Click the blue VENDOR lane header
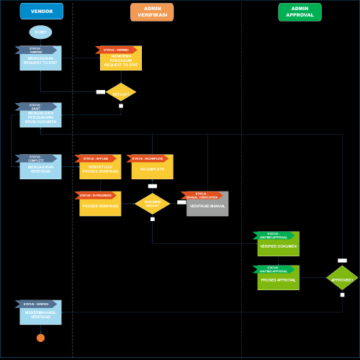42,12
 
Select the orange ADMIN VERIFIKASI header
152,12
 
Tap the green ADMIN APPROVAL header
300,12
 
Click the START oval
40,32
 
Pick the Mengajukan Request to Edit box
40,61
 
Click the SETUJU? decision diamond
121,94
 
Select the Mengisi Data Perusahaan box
40,118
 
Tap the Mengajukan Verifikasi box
40,170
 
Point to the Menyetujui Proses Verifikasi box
101,170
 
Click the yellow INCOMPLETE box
152,169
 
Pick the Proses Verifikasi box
101,207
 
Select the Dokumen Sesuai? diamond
153,204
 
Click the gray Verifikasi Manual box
207,207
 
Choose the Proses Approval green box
278,280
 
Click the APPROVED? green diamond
342,279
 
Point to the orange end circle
40,338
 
